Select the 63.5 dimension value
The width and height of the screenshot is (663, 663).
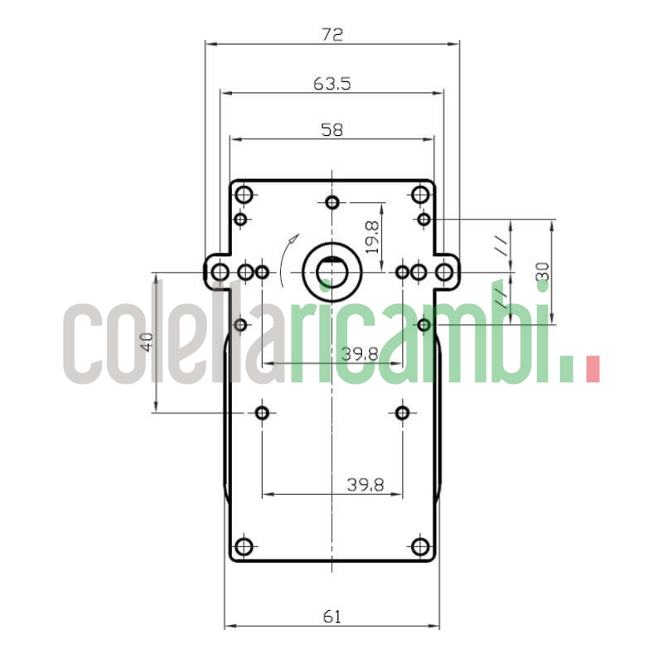pyautogui.click(x=331, y=83)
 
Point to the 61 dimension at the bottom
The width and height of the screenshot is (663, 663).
pyautogui.click(x=331, y=616)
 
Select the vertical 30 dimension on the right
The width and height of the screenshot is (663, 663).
pyautogui.click(x=542, y=272)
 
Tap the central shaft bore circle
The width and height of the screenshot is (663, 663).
pyautogui.click(x=331, y=272)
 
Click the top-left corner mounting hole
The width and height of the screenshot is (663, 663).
pyautogui.click(x=244, y=196)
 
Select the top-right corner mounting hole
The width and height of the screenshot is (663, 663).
pyautogui.click(x=420, y=196)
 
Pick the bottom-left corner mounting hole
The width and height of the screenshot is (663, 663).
pyautogui.click(x=244, y=547)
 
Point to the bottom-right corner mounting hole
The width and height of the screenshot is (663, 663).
pyautogui.click(x=420, y=547)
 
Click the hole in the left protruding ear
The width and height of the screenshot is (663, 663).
pyautogui.click(x=220, y=272)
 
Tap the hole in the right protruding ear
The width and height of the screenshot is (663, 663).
pyautogui.click(x=445, y=272)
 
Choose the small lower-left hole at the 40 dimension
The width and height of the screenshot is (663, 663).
pyautogui.click(x=263, y=413)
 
